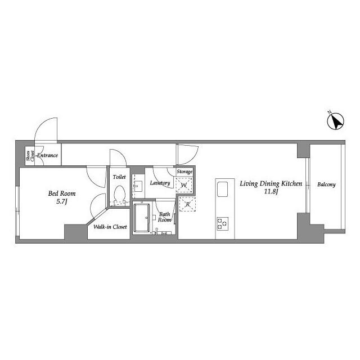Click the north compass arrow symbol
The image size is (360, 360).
pyautogui.click(x=335, y=121)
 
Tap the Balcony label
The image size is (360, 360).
pyautogui.click(x=326, y=184)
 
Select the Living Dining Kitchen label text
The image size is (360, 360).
pyautogui.click(x=271, y=184)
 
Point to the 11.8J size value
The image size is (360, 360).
pyautogui.click(x=271, y=191)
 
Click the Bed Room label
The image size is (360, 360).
pyautogui.click(x=62, y=193)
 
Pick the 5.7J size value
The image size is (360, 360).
pyautogui.click(x=61, y=202)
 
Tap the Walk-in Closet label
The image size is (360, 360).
pyautogui.click(x=110, y=227)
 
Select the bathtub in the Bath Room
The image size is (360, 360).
pyautogui.click(x=142, y=218)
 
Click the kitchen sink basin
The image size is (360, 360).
pyautogui.click(x=222, y=189)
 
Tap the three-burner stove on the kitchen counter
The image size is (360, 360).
pyautogui.click(x=223, y=224)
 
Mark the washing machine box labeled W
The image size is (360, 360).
pyautogui.click(x=184, y=185)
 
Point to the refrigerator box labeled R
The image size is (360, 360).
pyautogui.click(x=187, y=204)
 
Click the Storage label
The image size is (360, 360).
pyautogui.click(x=184, y=172)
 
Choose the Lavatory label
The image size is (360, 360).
pyautogui.click(x=160, y=183)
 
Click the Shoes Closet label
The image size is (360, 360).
pyautogui.click(x=30, y=156)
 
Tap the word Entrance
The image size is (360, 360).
pyautogui.click(x=47, y=155)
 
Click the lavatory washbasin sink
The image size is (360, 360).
pyautogui.click(x=138, y=185)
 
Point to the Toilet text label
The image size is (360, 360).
pyautogui.click(x=119, y=177)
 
